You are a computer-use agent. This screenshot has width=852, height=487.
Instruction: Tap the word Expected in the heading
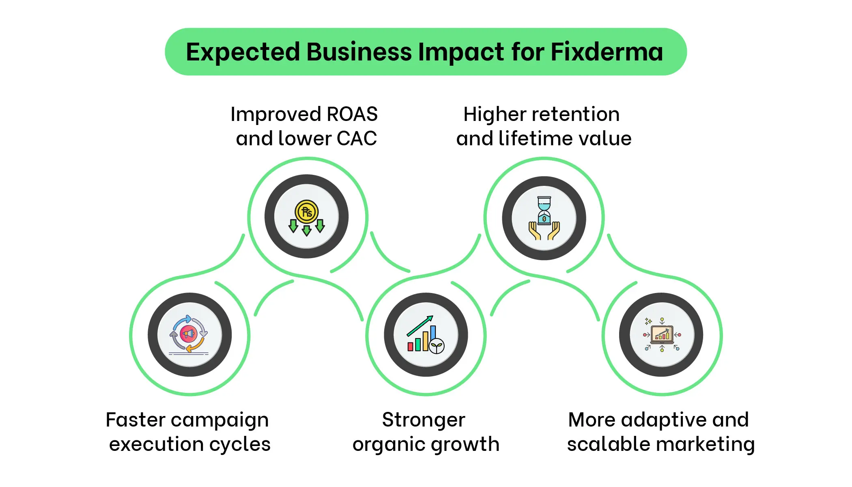point(243,52)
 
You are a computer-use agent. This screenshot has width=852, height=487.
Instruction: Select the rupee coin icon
point(306,212)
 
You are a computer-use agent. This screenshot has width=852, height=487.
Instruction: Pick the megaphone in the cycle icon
point(188,334)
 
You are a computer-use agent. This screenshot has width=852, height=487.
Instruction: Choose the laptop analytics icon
point(662,335)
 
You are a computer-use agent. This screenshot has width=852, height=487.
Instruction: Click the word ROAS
point(352,114)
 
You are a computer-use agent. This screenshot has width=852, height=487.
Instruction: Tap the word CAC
point(357,139)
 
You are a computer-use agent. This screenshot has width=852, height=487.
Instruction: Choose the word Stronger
point(424,420)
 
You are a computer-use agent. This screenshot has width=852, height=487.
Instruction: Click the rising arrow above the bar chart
point(420,325)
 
